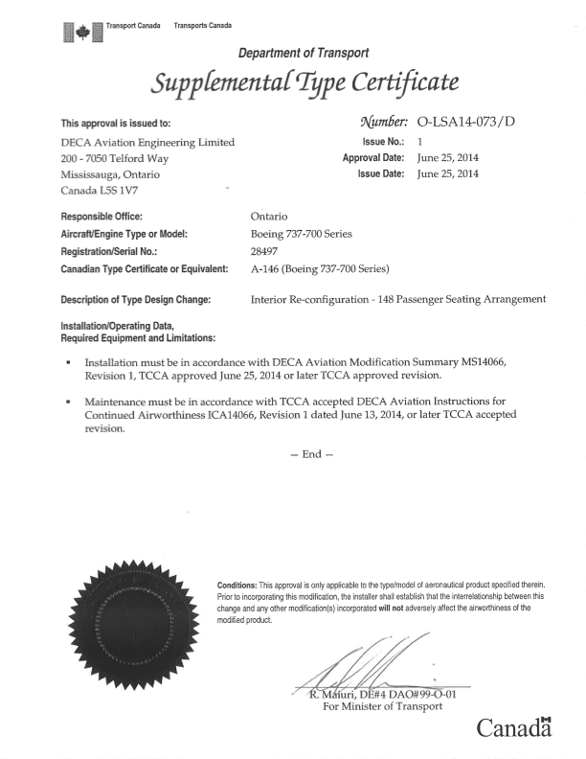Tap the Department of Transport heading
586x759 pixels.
click(x=302, y=54)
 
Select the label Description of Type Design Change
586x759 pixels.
click(x=143, y=299)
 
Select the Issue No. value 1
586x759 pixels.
click(x=421, y=140)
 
